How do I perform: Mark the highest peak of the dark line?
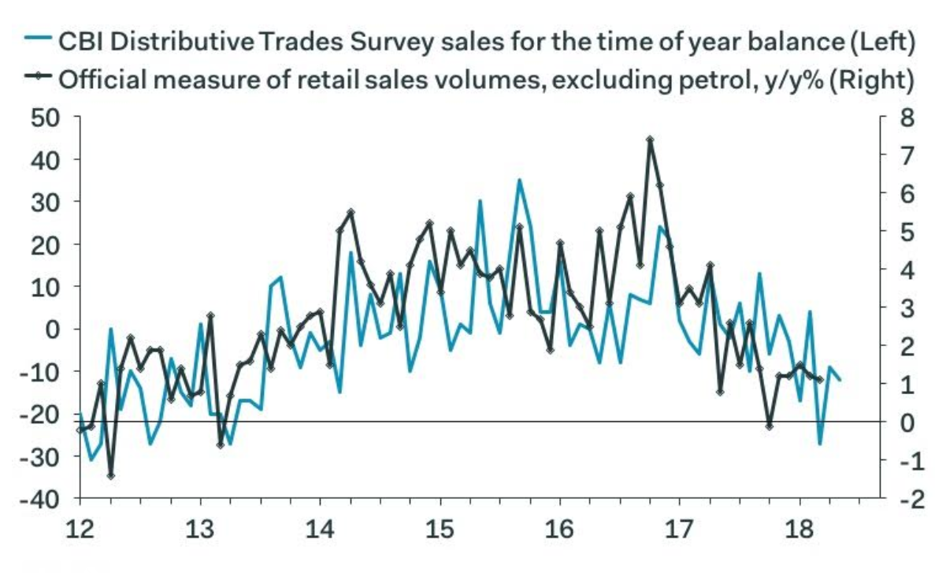click(x=650, y=140)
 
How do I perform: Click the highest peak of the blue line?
click(x=519, y=180)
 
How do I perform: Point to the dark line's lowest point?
click(x=110, y=476)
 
